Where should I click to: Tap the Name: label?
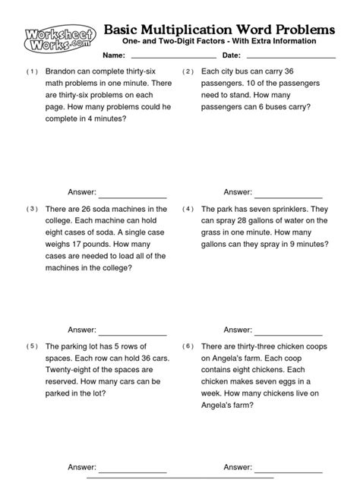click(113, 57)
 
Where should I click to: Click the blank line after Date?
click(291, 58)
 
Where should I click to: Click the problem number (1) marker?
click(31, 71)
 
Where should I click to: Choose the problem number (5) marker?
click(31, 346)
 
